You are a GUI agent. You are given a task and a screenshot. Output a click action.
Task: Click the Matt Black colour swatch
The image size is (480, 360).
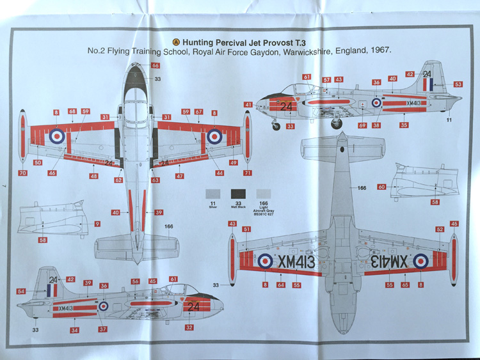[239, 193]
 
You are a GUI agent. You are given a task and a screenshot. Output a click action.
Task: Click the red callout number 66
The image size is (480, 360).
[156, 65]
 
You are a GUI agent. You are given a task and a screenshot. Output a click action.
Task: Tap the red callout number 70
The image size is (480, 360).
[23, 173]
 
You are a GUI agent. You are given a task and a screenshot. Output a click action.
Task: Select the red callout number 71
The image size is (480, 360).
[247, 173]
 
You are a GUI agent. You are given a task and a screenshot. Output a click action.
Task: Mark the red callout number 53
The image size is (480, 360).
[458, 84]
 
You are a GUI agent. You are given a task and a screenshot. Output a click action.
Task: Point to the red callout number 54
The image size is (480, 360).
[22, 292]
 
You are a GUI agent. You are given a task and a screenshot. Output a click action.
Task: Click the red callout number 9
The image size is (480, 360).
[97, 224]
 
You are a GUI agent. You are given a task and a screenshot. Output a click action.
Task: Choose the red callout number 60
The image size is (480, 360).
[381, 187]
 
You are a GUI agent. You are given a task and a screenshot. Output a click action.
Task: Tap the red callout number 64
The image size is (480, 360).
[280, 285]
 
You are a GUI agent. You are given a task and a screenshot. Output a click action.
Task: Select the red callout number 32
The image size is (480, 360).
[189, 327]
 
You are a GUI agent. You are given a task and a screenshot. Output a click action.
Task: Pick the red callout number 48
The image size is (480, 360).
[94, 176]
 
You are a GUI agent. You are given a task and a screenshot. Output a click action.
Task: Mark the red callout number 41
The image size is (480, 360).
[248, 104]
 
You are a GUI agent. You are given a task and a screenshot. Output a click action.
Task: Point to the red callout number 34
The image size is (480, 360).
[75, 330]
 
